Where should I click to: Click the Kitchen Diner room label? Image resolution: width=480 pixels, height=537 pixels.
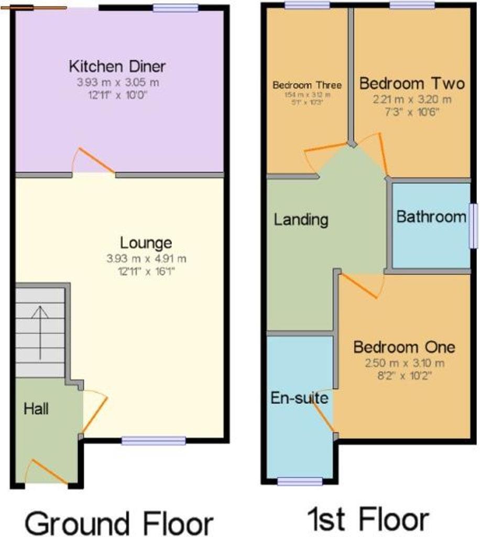pos(117,67)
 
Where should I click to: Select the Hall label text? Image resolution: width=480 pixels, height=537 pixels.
pos(36,409)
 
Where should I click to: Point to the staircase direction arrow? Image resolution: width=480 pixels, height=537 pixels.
pos(40,332)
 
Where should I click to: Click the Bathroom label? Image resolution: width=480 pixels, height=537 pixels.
pos(431,217)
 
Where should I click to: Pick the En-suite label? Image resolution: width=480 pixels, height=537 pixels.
pos(299,398)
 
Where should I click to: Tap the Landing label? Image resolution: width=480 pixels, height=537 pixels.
pos(301,219)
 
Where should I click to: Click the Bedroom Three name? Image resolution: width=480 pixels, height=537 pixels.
pos(307,85)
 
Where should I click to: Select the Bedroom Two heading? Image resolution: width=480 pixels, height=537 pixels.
pos(411,83)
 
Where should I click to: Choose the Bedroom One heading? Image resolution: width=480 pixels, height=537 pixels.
pos(404,347)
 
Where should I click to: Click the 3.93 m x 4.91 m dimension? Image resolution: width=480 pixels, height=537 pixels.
pos(146,258)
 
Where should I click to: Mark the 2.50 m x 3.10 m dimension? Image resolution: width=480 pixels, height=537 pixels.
pos(404,363)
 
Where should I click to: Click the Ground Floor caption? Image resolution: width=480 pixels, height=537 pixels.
pos(119,523)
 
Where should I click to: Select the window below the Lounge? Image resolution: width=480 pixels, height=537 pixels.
pos(154,441)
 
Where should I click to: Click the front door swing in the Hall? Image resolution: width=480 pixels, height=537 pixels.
pos(46,471)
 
